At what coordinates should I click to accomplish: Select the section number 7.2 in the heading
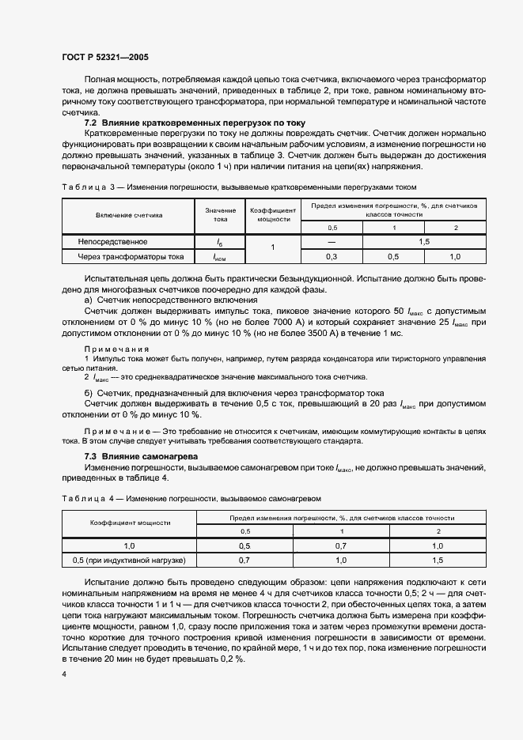[x=90, y=123]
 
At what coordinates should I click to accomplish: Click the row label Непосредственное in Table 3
[x=112, y=241]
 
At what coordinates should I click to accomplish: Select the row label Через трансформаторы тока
[x=130, y=257]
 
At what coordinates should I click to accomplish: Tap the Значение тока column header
[x=220, y=214]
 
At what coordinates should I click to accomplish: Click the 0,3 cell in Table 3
[x=332, y=257]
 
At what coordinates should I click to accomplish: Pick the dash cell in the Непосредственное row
[x=332, y=241]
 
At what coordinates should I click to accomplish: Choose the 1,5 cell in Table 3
[x=423, y=241]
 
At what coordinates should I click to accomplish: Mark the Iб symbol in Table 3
[x=220, y=242]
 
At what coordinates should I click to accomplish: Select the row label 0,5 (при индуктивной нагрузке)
[x=129, y=561]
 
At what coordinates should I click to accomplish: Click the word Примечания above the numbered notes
[x=116, y=349]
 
